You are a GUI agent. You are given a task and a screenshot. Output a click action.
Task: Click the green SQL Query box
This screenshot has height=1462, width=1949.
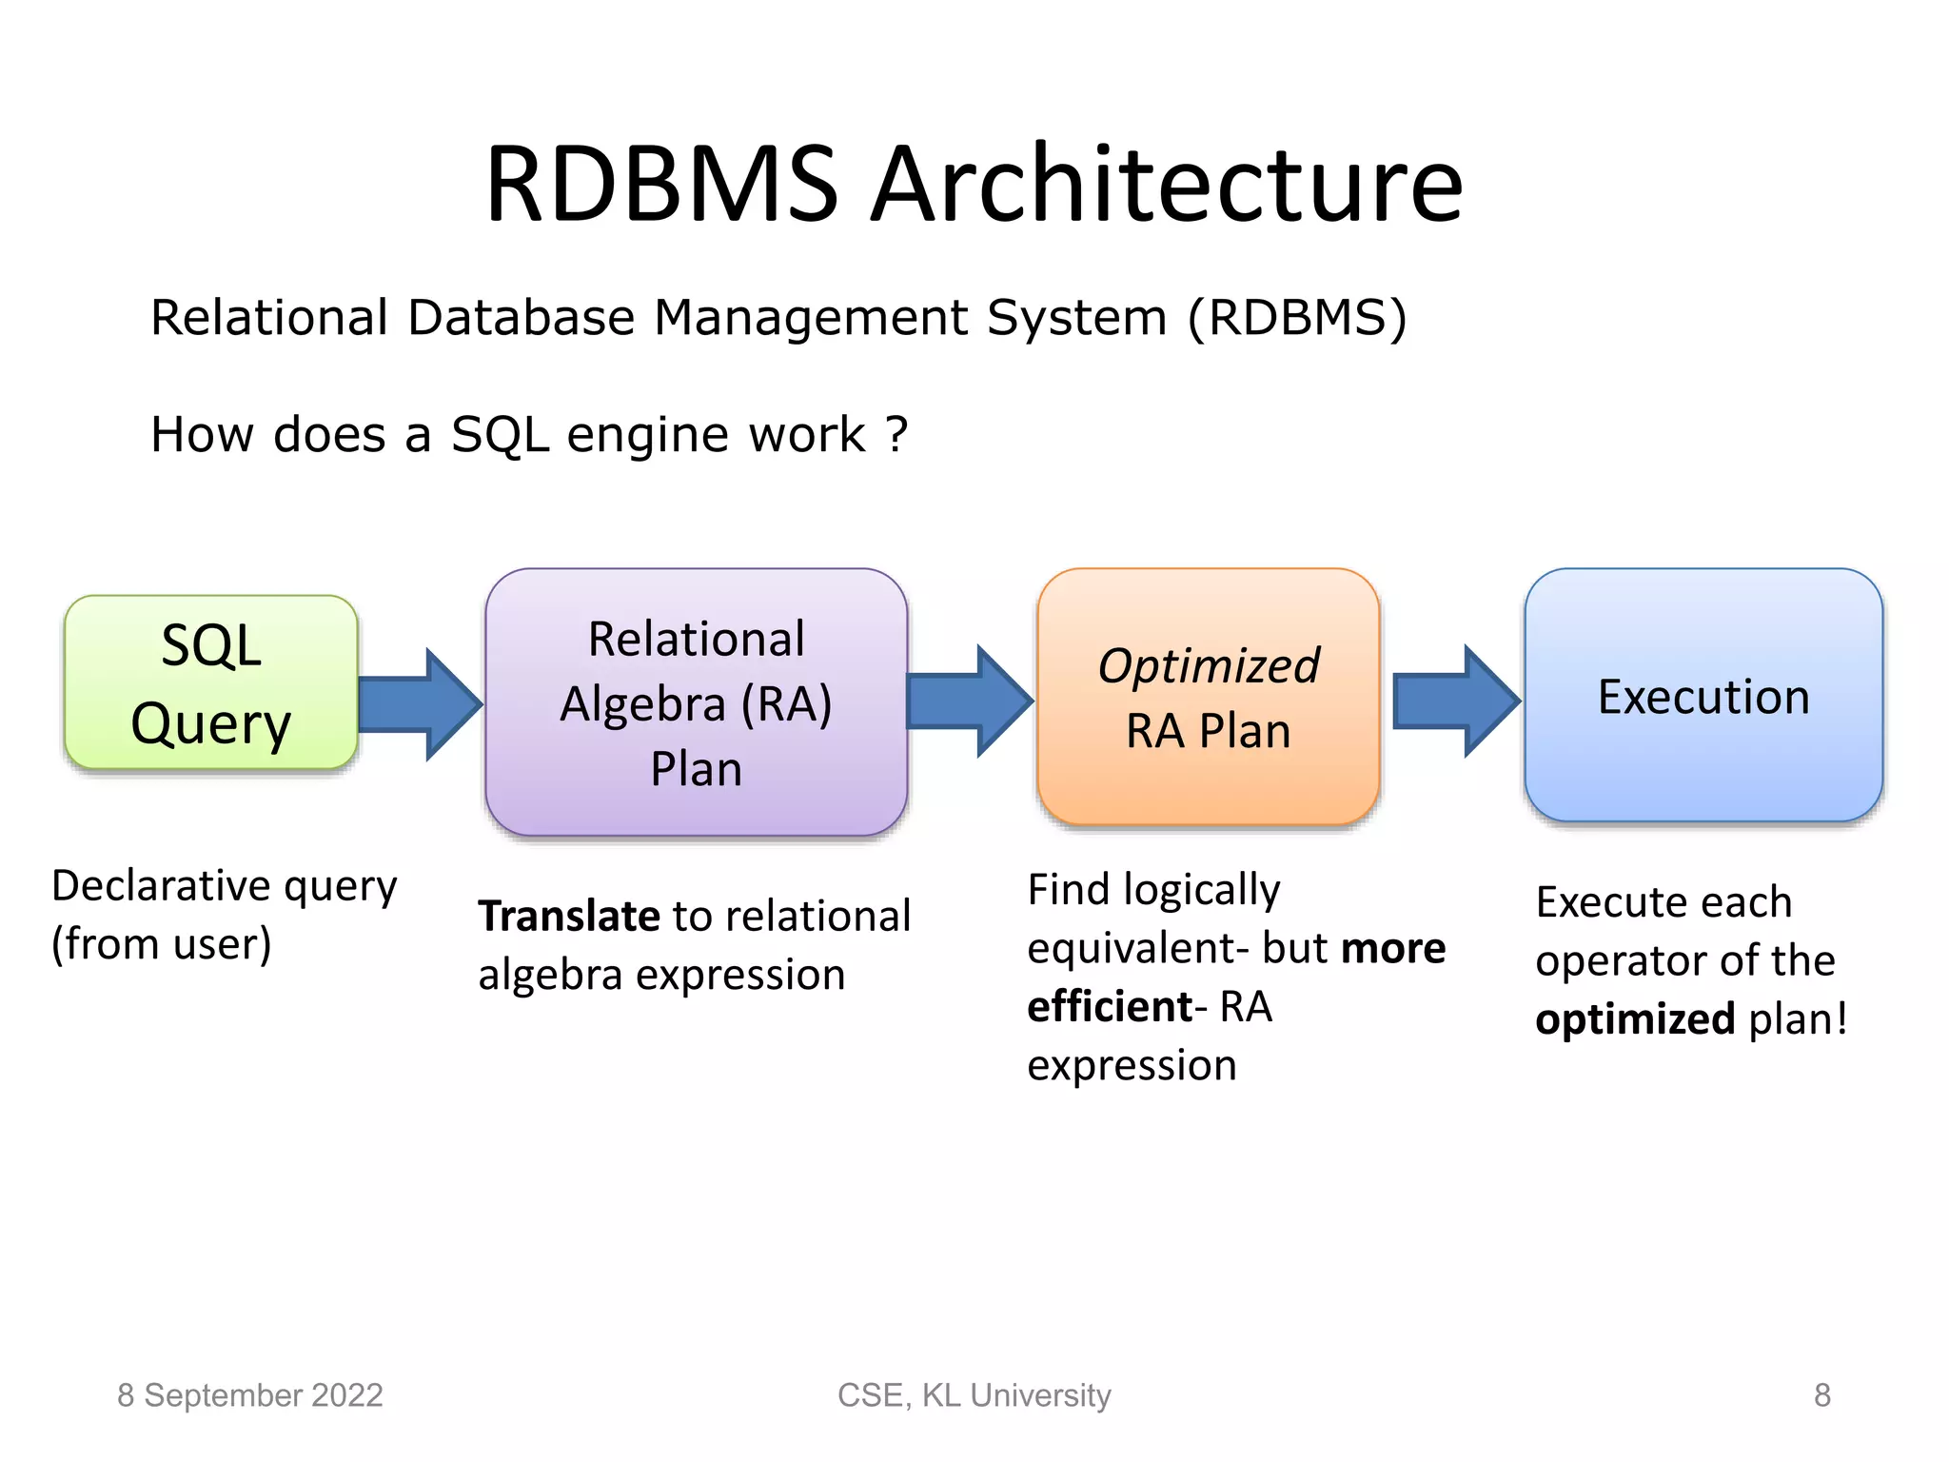coord(210,682)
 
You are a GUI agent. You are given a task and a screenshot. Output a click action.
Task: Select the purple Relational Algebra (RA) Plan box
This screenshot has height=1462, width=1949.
coord(696,702)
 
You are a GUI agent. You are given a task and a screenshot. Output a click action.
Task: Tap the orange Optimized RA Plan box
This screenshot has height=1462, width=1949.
coord(1208,697)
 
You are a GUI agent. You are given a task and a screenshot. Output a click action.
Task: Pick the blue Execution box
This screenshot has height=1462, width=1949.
coord(1703,696)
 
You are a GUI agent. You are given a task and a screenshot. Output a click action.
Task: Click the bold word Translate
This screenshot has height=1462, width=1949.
coord(569,916)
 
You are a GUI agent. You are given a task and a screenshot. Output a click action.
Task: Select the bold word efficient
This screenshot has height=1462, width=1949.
coord(1110,1006)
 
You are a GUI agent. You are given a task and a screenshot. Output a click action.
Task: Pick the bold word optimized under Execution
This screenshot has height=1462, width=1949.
coord(1635,1018)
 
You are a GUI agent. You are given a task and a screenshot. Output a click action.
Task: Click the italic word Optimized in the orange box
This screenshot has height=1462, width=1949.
coord(1208,665)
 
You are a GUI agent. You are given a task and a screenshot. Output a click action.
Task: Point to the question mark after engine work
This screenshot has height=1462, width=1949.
coord(896,434)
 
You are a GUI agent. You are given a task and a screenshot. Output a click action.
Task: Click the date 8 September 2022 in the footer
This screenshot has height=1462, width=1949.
coord(249,1395)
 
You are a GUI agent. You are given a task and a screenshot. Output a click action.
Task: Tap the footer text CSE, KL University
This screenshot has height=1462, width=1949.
coord(974,1395)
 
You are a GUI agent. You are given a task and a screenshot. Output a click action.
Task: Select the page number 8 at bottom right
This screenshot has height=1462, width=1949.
coord(1821,1395)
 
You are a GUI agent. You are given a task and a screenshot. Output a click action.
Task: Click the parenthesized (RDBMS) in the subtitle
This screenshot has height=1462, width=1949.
coord(1296,318)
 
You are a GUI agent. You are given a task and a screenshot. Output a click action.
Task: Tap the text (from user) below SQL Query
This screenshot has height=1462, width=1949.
coord(161,944)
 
